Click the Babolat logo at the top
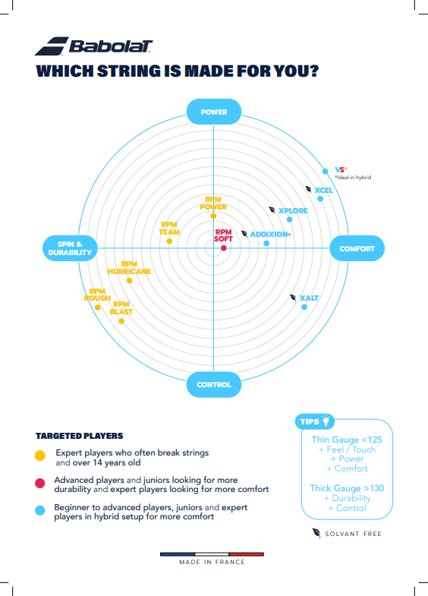point(93,46)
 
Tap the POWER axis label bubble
point(214,112)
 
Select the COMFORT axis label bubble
point(357,248)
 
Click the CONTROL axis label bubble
point(214,384)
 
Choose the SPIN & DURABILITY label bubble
point(70,248)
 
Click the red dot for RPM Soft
point(224,248)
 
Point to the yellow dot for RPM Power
point(213,216)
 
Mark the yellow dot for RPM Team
point(169,241)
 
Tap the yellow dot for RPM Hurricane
point(130,280)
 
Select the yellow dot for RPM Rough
point(98,307)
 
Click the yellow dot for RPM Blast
point(121,321)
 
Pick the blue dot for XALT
point(304,307)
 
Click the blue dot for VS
point(325,172)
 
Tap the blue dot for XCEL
point(320,199)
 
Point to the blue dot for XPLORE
point(289,219)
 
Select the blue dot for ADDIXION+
point(266,243)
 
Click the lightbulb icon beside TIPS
point(326,421)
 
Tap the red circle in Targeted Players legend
point(40,483)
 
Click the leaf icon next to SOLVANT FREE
point(316,533)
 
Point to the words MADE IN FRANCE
point(212,562)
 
